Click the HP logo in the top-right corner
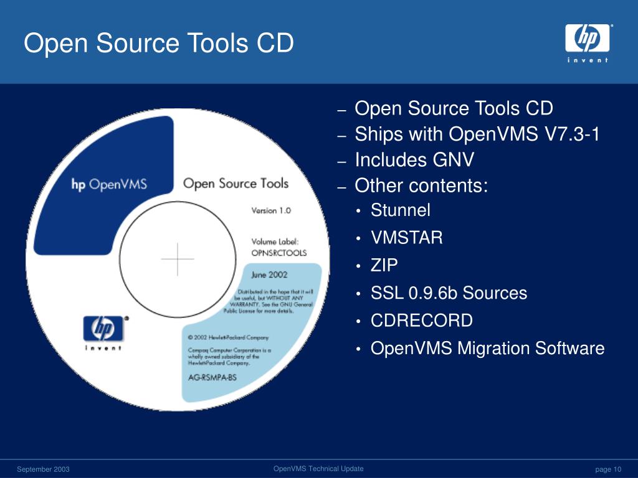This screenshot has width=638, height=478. pyautogui.click(x=588, y=39)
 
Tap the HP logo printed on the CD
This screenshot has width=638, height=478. pyautogui.click(x=103, y=329)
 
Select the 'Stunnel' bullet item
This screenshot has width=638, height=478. pyautogui.click(x=400, y=210)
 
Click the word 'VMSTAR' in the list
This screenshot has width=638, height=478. pyautogui.click(x=406, y=238)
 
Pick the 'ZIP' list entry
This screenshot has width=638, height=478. pyautogui.click(x=384, y=266)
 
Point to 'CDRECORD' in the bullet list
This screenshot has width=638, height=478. pyautogui.click(x=421, y=321)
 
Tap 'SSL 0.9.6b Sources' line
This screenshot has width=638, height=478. pyautogui.click(x=449, y=293)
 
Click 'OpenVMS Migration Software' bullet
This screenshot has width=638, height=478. pyautogui.click(x=487, y=349)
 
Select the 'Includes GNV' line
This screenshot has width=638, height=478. pyautogui.click(x=414, y=161)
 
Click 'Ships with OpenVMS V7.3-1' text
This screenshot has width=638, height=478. pyautogui.click(x=477, y=134)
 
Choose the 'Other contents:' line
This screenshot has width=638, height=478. pyautogui.click(x=421, y=186)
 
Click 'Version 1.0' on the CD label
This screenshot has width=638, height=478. pyautogui.click(x=271, y=210)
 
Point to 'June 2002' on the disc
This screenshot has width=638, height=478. pyautogui.click(x=269, y=274)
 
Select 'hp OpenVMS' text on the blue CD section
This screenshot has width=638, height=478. pyautogui.click(x=108, y=185)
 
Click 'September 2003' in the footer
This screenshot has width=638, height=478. pyautogui.click(x=43, y=469)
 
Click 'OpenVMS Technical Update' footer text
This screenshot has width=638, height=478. pyautogui.click(x=318, y=469)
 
